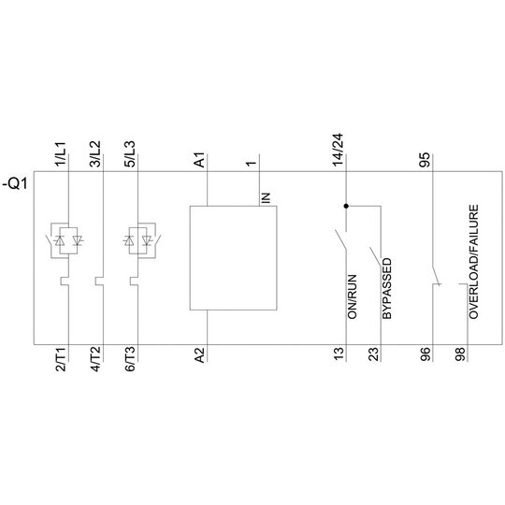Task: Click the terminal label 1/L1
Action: (61, 154)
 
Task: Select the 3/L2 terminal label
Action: (95, 154)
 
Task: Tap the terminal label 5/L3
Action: (130, 154)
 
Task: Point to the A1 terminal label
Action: (200, 160)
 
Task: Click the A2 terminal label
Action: (200, 355)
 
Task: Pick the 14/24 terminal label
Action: (339, 150)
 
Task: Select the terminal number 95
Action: (425, 160)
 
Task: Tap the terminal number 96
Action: (425, 354)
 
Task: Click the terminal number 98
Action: (460, 354)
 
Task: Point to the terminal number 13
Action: (339, 354)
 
